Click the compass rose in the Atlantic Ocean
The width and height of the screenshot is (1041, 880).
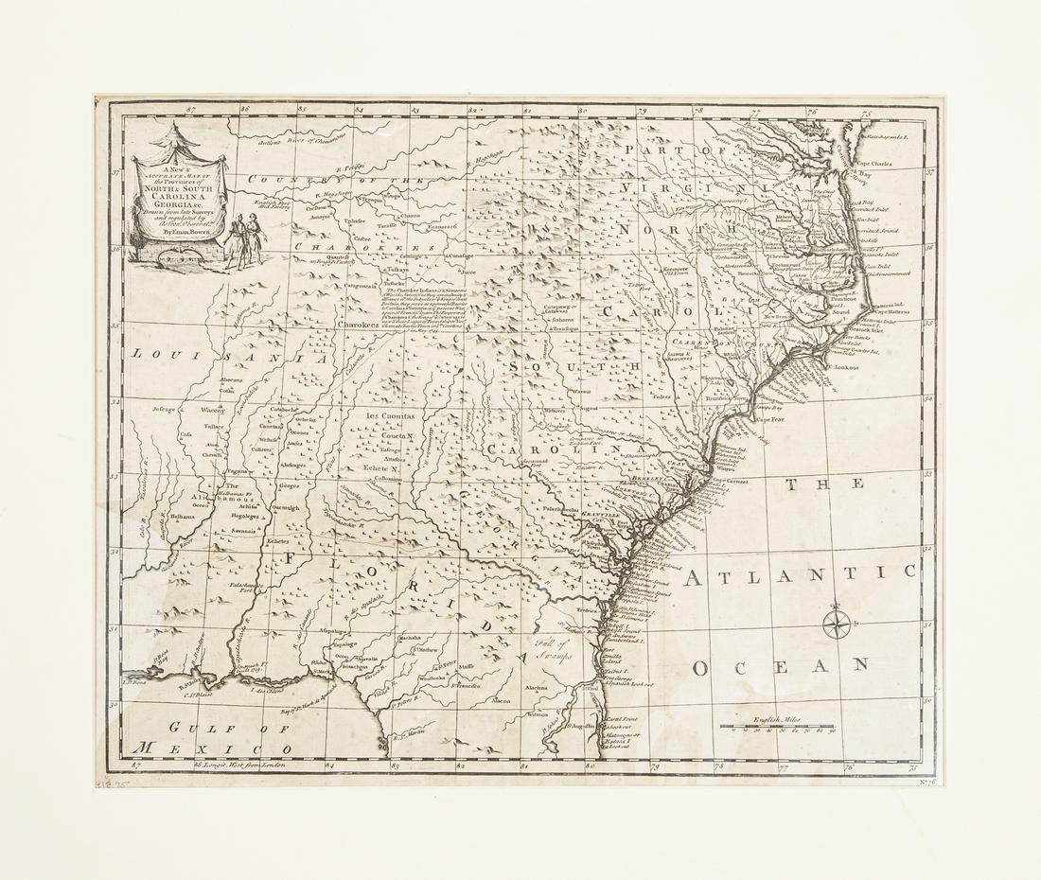[x=838, y=623]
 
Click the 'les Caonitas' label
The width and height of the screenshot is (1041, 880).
[x=392, y=414]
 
